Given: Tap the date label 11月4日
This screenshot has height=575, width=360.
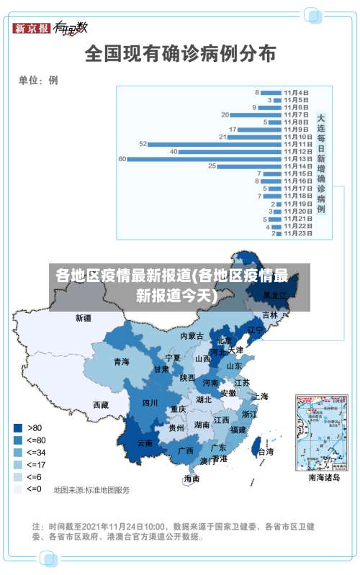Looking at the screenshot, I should (297, 92).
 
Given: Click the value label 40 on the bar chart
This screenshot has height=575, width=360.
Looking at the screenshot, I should (174, 152).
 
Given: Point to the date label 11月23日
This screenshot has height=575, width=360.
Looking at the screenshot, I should (297, 233).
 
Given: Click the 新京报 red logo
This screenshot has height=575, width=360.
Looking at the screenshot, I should (32, 28).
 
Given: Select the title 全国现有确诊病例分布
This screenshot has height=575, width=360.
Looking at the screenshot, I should (180, 53).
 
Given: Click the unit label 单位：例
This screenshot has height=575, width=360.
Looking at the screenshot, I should (38, 80).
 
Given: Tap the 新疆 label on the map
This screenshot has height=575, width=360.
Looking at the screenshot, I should (84, 317).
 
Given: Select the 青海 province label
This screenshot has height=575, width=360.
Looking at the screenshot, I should (121, 361).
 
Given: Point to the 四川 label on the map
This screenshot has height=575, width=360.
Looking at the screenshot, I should (150, 403).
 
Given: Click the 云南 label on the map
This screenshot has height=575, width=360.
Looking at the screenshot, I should (145, 443).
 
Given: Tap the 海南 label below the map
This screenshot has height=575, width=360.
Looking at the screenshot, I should (192, 479).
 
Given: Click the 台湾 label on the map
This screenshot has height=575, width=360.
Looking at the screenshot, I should (266, 452).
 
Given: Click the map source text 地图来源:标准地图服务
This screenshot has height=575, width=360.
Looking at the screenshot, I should (91, 490).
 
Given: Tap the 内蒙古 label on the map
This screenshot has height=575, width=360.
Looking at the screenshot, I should (192, 336).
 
